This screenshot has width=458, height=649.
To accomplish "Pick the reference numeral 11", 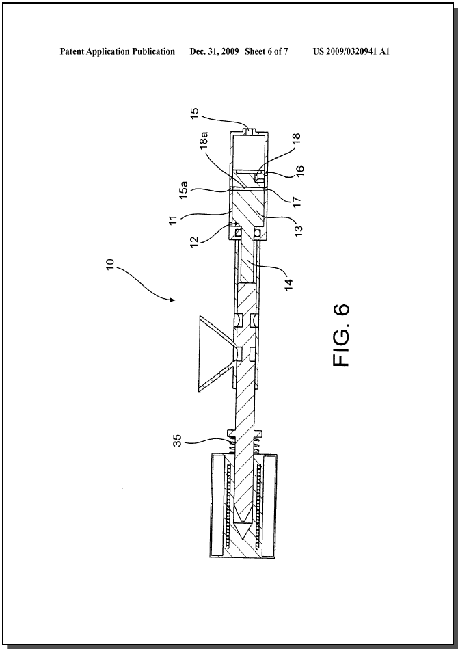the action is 174,220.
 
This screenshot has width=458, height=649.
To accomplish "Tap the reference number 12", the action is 195,241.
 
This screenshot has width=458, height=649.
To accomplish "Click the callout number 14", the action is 288,284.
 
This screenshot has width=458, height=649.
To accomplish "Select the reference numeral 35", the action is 177,440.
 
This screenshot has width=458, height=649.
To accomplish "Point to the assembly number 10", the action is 109,265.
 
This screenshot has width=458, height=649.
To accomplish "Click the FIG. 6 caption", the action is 341,335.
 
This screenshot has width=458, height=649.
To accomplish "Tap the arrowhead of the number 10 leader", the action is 173,300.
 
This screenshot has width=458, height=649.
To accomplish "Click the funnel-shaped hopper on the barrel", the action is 215,354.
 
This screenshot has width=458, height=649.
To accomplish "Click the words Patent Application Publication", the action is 118,51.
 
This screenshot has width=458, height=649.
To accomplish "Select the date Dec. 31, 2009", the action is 215,51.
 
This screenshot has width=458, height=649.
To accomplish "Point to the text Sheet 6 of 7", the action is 267,51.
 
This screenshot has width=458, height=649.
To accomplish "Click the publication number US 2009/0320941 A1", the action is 351,51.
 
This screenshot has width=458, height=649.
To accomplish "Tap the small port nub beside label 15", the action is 250,131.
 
